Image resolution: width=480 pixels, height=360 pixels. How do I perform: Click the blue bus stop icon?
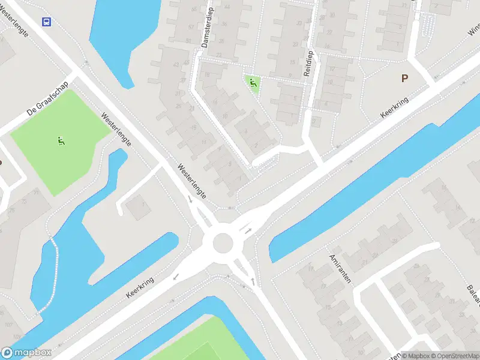[46, 22]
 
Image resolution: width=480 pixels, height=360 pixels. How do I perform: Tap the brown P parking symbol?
[404, 78]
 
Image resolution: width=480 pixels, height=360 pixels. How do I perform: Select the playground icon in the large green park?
[60, 142]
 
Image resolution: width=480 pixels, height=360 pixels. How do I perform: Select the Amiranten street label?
[339, 268]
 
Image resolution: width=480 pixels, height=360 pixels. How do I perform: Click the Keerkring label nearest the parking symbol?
[395, 108]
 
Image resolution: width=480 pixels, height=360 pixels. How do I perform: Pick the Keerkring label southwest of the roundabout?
[140, 288]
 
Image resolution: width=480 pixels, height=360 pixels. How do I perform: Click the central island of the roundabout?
[223, 243]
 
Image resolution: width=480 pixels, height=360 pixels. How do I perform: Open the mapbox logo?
[26, 353]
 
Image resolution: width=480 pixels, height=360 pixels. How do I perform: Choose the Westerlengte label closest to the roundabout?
[193, 181]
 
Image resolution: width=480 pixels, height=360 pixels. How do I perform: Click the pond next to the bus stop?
[123, 36]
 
